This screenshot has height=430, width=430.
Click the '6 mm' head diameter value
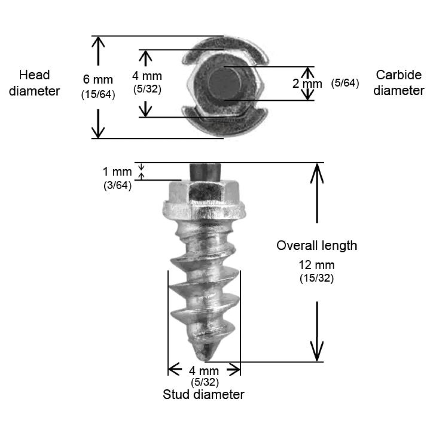point(98,79)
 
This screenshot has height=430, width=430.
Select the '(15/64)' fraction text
point(98,94)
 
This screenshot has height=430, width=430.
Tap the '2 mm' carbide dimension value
point(307,84)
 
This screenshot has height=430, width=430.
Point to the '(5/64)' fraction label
point(345,83)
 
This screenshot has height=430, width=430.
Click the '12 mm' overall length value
point(317,265)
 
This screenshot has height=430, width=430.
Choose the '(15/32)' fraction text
point(317,278)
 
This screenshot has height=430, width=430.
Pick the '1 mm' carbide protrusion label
point(117,172)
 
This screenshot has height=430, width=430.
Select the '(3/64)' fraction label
point(118,185)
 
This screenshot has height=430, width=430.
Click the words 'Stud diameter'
point(203,395)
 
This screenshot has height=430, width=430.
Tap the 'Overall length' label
point(317,245)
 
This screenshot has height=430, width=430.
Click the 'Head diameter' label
point(34,83)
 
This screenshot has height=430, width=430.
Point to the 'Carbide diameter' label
point(399,83)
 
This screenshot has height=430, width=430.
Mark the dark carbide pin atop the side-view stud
point(205,172)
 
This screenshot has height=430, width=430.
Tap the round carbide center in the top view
point(225,84)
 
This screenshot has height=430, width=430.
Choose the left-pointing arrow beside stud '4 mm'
point(175,369)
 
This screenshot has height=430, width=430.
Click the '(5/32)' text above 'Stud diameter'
point(205,382)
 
